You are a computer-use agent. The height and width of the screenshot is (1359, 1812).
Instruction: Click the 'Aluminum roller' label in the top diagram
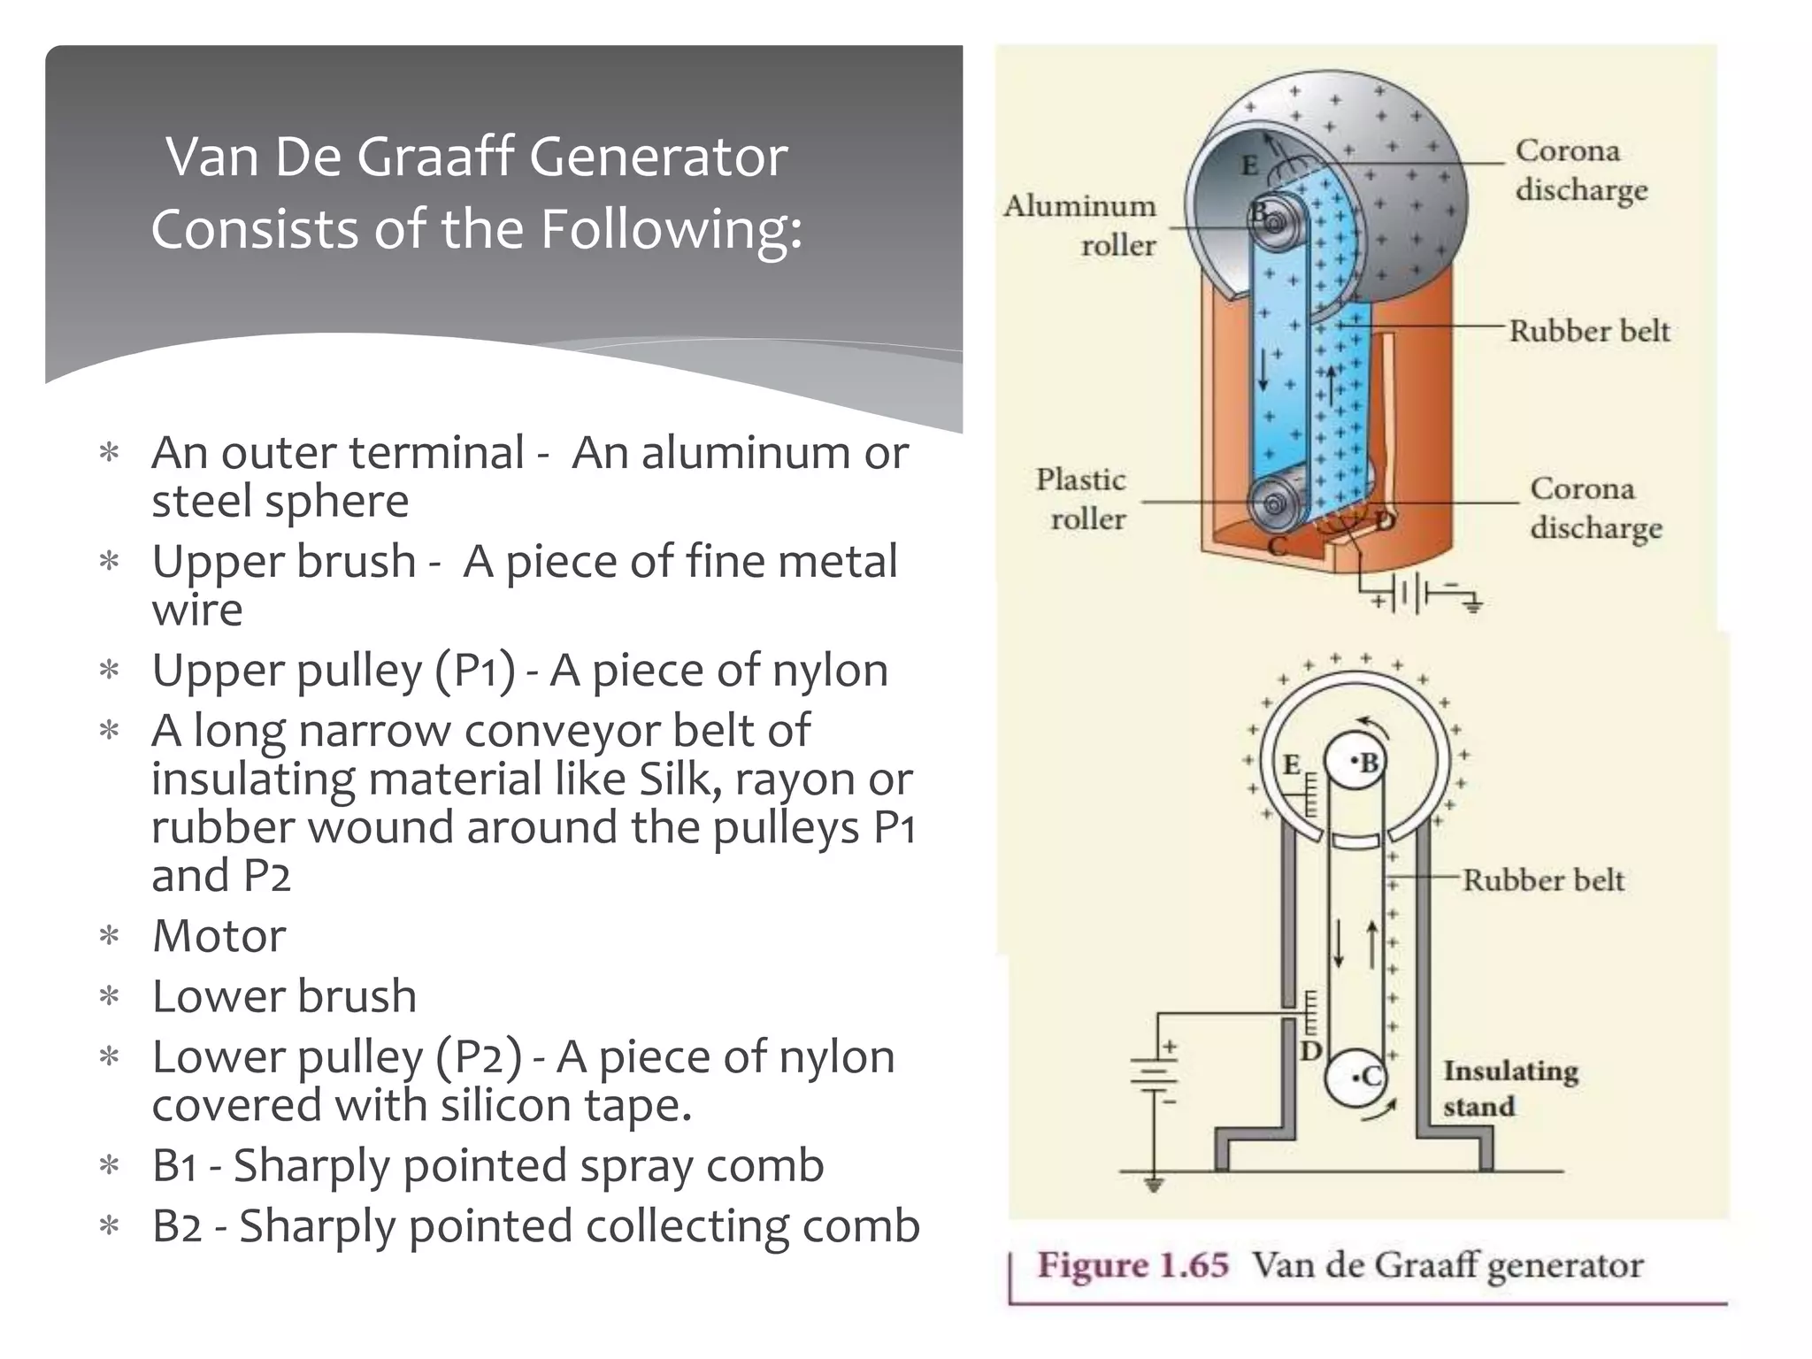point(1081,225)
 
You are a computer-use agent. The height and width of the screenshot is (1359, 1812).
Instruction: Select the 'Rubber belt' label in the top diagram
point(1589,331)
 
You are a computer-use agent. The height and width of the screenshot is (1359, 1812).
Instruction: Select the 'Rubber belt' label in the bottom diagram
point(1543,880)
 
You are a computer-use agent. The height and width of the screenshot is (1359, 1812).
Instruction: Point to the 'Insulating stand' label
point(1509,1088)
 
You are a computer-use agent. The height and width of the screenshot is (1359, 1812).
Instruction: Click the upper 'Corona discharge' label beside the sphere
point(1580,170)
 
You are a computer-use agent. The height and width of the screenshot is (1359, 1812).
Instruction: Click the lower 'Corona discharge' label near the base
point(1595,508)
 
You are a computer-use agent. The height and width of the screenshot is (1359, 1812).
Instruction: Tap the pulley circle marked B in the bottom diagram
point(1354,762)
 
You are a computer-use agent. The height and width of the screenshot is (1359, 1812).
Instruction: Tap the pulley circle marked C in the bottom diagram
point(1355,1078)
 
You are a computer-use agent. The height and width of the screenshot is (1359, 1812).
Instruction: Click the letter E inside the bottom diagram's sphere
point(1292,764)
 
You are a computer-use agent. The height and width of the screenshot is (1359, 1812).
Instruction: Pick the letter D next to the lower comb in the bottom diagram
point(1310,1051)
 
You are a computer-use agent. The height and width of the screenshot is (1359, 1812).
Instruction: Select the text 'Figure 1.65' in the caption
point(1133,1265)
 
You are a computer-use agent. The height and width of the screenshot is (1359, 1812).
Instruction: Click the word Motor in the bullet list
point(219,936)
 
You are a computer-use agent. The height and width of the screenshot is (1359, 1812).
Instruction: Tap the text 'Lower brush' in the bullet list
point(284,996)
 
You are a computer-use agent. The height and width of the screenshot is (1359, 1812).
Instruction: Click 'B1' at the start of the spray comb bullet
point(178,1165)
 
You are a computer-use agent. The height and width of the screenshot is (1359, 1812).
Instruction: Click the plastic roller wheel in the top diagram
point(1273,505)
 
